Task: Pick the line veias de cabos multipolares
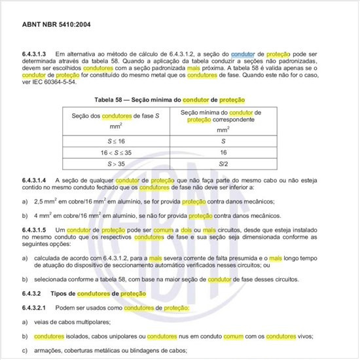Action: tap(76, 321)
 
